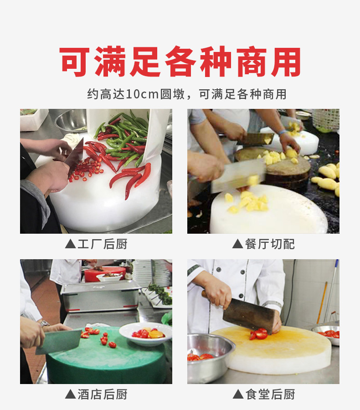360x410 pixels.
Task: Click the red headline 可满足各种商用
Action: (x=180, y=61)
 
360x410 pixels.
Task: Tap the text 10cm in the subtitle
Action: (x=143, y=94)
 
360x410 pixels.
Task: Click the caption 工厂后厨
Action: (x=102, y=244)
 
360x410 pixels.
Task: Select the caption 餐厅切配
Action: (x=270, y=244)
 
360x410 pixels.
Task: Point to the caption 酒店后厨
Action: (x=102, y=395)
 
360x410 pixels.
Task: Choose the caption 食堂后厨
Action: (x=270, y=395)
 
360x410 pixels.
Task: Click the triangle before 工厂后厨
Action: (x=70, y=244)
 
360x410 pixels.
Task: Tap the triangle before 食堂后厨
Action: (x=238, y=394)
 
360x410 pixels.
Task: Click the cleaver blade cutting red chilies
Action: (x=75, y=158)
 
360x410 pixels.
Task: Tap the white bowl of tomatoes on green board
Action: (x=146, y=333)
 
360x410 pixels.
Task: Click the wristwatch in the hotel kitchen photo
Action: (x=45, y=323)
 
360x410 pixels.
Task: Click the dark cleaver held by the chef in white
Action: (x=248, y=316)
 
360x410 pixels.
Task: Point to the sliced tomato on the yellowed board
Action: (x=259, y=334)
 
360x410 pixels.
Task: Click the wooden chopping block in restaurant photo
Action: (x=273, y=165)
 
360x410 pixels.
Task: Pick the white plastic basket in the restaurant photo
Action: (x=326, y=120)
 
